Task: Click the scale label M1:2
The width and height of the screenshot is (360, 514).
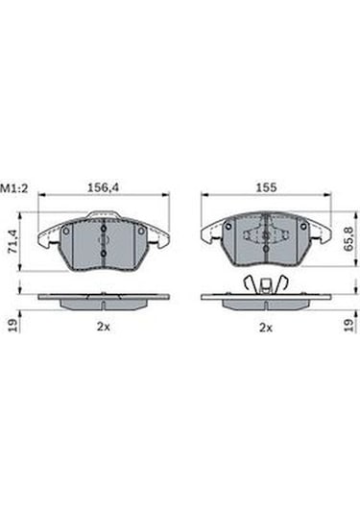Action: pyautogui.click(x=14, y=188)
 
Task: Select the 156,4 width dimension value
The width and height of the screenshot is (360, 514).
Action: pyautogui.click(x=103, y=187)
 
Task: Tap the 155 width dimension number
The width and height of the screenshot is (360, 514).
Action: pyautogui.click(x=266, y=187)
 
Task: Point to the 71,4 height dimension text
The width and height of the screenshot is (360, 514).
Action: pyautogui.click(x=13, y=241)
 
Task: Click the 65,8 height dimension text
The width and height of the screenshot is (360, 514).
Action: pyautogui.click(x=348, y=239)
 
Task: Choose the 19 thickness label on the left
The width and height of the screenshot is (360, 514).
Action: pyautogui.click(x=12, y=325)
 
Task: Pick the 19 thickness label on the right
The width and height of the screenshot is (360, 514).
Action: pyautogui.click(x=348, y=325)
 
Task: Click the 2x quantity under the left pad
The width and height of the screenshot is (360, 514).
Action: pyautogui.click(x=103, y=327)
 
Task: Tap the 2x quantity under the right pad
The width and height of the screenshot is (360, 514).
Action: pyautogui.click(x=266, y=328)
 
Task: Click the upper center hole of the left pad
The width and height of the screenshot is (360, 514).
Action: pyautogui.click(x=104, y=229)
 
